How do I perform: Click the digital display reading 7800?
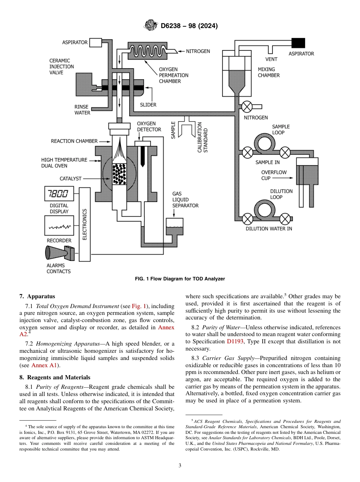tap(58, 194)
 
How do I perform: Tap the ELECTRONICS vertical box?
tap(85, 224)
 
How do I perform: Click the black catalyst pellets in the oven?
tap(120, 174)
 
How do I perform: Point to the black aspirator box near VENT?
tap(298, 43)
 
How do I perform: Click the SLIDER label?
tap(148, 105)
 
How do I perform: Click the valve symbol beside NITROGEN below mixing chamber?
tap(247, 106)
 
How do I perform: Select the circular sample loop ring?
tap(266, 143)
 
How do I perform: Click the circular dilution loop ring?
tap(266, 210)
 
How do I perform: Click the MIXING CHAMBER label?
tap(268, 72)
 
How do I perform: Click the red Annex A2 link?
tap(166, 327)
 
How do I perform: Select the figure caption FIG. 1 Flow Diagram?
tap(180, 279)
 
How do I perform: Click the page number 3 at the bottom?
tap(180, 466)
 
